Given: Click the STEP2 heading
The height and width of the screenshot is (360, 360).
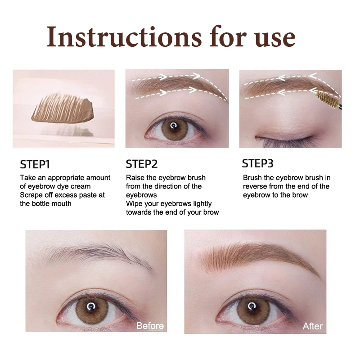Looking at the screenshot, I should [142, 164].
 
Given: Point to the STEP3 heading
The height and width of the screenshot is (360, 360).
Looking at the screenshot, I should [258, 163].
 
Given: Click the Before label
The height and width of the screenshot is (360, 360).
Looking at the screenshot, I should [150, 325].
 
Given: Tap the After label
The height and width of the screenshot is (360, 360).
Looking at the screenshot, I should [312, 326].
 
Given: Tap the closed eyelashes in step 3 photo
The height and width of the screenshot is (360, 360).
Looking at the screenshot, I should [274, 142].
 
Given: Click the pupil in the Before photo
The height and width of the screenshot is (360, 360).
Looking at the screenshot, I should [92, 306].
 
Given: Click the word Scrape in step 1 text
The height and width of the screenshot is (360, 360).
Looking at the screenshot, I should [32, 195].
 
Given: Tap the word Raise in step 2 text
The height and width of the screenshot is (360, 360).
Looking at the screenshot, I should [135, 178].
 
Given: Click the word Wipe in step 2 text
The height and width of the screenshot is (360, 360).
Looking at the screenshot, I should [134, 203].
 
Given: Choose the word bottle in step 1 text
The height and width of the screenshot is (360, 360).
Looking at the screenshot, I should [43, 203].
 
